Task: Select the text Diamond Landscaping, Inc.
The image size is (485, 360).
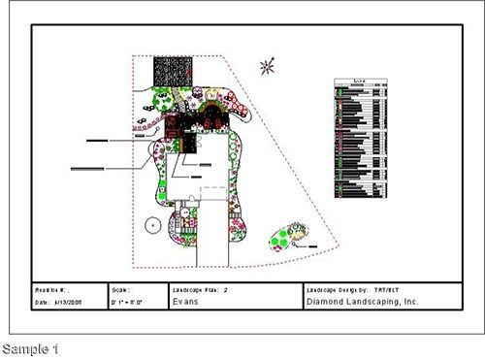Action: [347, 303]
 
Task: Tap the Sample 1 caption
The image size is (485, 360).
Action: [30, 347]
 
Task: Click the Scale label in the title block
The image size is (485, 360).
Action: [120, 289]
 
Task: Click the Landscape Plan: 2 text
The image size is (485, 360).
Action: [199, 289]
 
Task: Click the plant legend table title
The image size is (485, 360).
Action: [361, 82]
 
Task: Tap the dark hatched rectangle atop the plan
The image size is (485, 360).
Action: [171, 71]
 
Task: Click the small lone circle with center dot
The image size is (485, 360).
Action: [151, 224]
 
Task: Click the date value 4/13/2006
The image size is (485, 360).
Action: [66, 303]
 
